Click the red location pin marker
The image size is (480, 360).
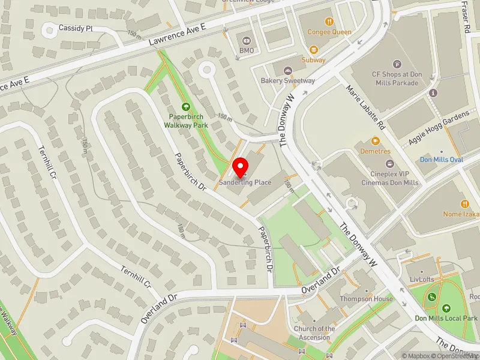coord(241,167)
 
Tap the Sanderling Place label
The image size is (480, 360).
coord(245,182)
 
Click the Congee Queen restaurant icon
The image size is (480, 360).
coord(329,22)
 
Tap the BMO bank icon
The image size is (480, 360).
coord(246,40)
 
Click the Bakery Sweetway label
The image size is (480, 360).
coord(287,80)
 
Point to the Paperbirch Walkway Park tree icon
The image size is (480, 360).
coord(185,106)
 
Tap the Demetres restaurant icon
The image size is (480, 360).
coord(376,141)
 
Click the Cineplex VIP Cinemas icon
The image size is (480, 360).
coord(389,163)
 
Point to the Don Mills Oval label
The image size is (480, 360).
coord(441,160)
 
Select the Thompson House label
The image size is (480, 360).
coord(367,299)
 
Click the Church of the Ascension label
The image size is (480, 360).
coord(314,333)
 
